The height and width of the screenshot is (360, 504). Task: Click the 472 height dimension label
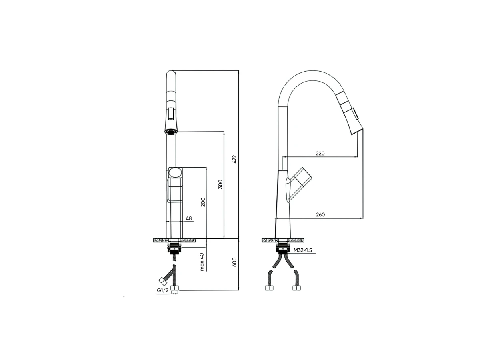pos(235,159)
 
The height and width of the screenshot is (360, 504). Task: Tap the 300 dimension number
pos(220,184)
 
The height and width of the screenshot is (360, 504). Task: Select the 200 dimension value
pos(203,202)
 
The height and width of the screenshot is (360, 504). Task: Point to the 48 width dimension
pos(189,218)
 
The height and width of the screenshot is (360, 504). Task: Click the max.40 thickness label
pos(202,262)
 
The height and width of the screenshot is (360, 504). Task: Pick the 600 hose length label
pos(234,262)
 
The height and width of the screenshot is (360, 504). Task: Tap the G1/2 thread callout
pos(163,290)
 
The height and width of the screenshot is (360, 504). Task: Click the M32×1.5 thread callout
pos(303,250)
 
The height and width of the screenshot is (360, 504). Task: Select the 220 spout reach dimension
pos(320,154)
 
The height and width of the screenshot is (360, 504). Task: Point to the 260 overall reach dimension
pos(320,215)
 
